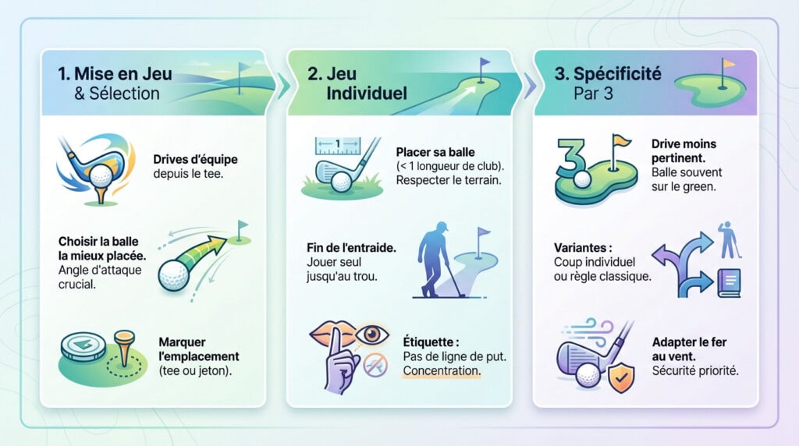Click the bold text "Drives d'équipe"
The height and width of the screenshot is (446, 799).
pyautogui.click(x=195, y=159)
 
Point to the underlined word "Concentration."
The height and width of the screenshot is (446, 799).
pyautogui.click(x=441, y=371)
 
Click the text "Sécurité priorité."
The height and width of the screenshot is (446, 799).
pyautogui.click(x=694, y=370)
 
